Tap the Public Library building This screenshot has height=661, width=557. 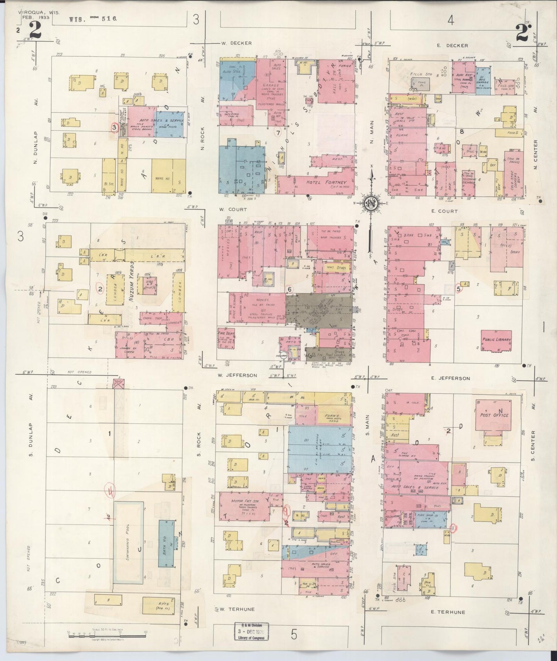pyautogui.click(x=496, y=341)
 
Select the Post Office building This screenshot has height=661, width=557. pyautogui.click(x=494, y=416)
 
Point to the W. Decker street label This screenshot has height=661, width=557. pyautogui.click(x=236, y=43)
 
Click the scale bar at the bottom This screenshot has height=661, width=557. pyautogui.click(x=108, y=634)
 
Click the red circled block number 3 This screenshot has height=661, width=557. pyautogui.click(x=114, y=127)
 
